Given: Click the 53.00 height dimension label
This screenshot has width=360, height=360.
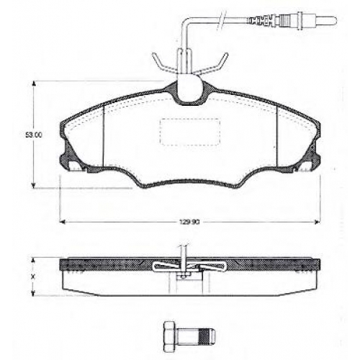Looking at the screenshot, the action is click(x=34, y=135).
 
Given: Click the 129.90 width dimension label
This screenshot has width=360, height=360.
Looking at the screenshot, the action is click(x=189, y=222).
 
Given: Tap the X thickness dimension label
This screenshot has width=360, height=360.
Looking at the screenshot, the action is click(x=33, y=277).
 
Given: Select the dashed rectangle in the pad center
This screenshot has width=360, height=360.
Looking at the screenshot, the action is click(x=190, y=132).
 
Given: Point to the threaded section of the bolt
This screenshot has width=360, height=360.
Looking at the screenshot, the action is click(x=205, y=334).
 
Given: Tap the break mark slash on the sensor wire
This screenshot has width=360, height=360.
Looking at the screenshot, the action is click(x=221, y=20).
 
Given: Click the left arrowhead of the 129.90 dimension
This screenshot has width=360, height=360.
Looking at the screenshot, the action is click(x=62, y=222).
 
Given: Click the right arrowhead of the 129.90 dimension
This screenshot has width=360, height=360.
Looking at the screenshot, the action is click(x=318, y=222).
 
